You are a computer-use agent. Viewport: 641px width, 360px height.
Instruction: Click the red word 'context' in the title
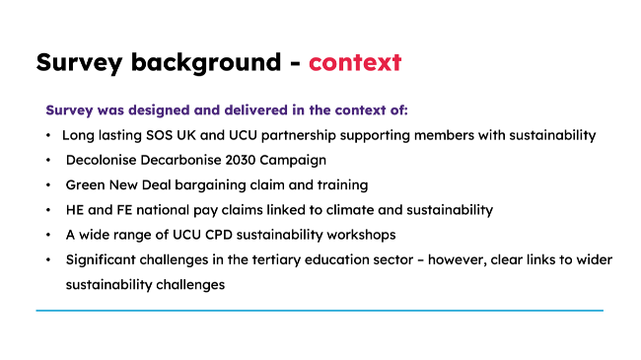click(x=355, y=62)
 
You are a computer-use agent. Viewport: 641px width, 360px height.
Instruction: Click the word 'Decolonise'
click(x=103, y=159)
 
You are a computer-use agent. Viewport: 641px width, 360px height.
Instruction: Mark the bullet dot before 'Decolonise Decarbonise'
click(x=48, y=159)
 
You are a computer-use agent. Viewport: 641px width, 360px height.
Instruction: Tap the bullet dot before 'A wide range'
click(x=48, y=236)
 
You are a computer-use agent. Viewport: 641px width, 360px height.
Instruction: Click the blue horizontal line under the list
click(x=320, y=311)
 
